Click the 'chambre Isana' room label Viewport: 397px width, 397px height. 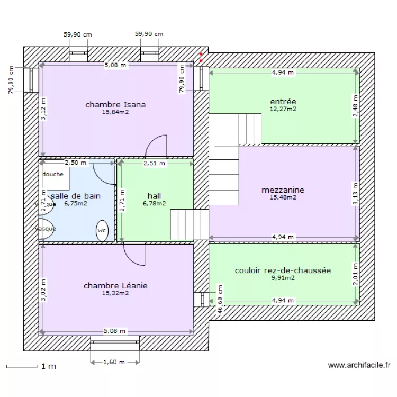click(115, 105)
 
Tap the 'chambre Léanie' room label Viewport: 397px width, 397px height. click(115, 286)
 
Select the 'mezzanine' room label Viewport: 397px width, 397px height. click(283, 190)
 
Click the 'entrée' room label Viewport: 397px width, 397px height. click(283, 102)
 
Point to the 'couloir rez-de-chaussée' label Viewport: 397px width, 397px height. click(283, 270)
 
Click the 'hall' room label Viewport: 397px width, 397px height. click(154, 195)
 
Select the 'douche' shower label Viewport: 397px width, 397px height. click(53, 174)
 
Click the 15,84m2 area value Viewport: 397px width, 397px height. click(115, 112)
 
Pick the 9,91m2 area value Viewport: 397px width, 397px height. click(283, 277)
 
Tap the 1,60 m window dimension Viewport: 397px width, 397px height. click(115, 362)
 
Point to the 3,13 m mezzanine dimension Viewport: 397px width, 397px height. click(356, 194)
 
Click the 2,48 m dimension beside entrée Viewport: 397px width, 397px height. click(356, 106)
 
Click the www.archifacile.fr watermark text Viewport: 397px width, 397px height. click(359, 365)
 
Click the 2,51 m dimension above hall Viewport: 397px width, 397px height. click(154, 164)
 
